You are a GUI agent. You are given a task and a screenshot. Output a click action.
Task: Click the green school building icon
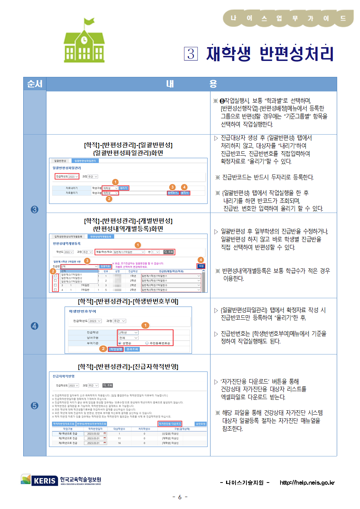point(84,41)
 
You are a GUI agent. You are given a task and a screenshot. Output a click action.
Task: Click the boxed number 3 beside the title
point(191,54)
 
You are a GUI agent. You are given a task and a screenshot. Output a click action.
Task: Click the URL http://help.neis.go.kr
point(307,483)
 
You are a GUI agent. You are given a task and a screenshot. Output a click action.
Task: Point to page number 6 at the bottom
point(180,497)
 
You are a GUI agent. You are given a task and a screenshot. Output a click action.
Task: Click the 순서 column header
point(35,84)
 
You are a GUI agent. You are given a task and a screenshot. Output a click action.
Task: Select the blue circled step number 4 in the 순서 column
point(34,326)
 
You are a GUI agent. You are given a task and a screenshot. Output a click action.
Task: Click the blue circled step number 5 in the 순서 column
point(34,405)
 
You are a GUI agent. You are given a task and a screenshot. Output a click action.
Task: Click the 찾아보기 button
point(173,193)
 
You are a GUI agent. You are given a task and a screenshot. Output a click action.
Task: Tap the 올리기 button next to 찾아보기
point(185,193)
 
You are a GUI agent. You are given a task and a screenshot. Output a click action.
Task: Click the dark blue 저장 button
point(201,266)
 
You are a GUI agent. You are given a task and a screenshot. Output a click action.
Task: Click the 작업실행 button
point(116,349)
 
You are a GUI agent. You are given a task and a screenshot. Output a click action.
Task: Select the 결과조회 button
point(132,349)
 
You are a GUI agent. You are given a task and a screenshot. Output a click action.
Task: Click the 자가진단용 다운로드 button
point(169,424)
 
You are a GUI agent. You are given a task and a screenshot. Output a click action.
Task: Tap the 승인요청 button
point(200,424)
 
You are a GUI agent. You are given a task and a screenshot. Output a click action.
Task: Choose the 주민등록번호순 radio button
point(147,343)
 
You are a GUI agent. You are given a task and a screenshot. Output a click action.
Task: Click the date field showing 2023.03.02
point(94,434)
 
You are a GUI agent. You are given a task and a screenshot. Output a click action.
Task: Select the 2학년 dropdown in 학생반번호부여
point(128,332)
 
